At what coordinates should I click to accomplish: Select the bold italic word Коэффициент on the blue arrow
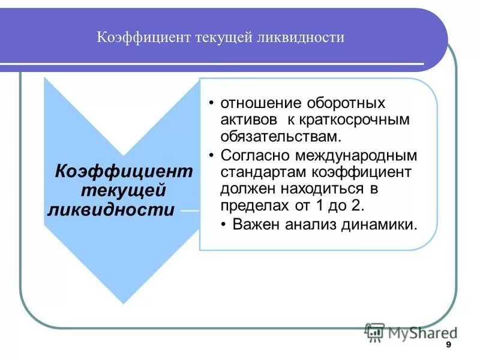pos(124,171)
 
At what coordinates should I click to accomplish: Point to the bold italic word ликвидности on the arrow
pos(112,210)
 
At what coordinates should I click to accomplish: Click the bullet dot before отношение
pos(212,103)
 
